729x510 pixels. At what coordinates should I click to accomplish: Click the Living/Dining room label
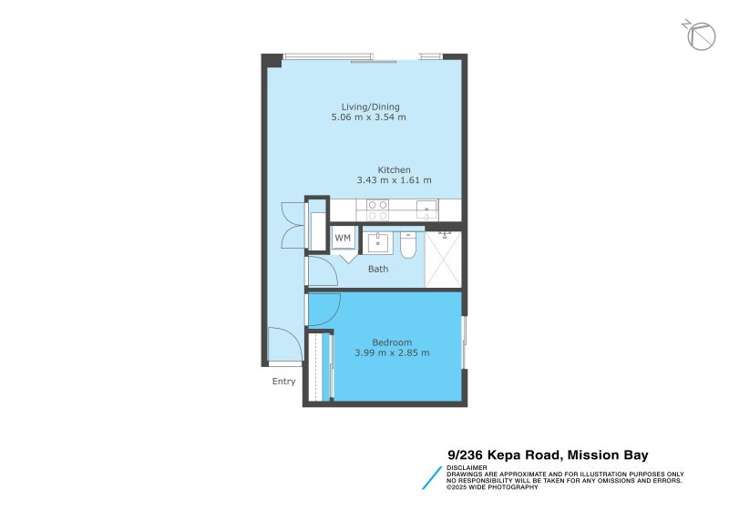click(x=370, y=107)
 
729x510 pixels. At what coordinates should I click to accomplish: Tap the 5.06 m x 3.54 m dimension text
click(x=368, y=117)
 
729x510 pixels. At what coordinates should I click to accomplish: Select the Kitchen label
click(x=394, y=170)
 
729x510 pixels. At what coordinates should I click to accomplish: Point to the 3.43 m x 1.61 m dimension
click(x=394, y=180)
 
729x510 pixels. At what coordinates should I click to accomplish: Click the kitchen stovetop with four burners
click(x=377, y=210)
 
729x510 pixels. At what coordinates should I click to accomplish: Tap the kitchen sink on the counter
click(x=426, y=210)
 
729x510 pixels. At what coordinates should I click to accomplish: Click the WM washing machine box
click(x=344, y=238)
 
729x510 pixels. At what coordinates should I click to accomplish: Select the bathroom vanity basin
click(x=377, y=242)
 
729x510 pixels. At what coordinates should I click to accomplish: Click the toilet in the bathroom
click(x=407, y=244)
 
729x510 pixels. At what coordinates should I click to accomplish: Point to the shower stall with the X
click(x=443, y=260)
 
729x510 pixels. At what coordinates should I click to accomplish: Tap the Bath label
click(x=378, y=269)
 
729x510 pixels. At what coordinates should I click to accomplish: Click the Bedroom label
click(x=392, y=342)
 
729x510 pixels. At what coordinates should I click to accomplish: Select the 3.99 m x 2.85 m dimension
click(x=392, y=353)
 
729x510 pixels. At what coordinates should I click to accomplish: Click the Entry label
click(x=283, y=382)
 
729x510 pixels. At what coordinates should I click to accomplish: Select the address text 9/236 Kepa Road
click(x=505, y=455)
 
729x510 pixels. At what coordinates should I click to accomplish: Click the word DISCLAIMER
click(x=467, y=468)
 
